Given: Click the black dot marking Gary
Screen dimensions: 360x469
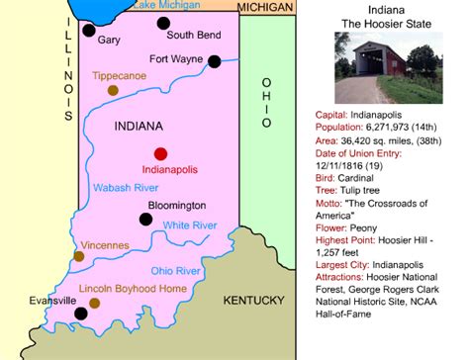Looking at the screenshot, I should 89,30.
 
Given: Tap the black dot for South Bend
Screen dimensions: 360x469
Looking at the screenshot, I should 164,22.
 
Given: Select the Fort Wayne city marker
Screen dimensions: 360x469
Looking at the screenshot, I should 215,61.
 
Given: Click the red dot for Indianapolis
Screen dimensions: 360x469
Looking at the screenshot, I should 160,153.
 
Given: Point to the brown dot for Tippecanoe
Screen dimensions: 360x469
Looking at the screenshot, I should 113,90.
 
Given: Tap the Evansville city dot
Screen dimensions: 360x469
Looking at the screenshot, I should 81,314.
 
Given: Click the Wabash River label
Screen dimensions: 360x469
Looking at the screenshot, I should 126,187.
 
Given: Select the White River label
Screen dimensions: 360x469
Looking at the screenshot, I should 190,225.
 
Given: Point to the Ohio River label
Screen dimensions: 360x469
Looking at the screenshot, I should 176,270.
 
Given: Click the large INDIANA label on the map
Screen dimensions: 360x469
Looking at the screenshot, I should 141,127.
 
